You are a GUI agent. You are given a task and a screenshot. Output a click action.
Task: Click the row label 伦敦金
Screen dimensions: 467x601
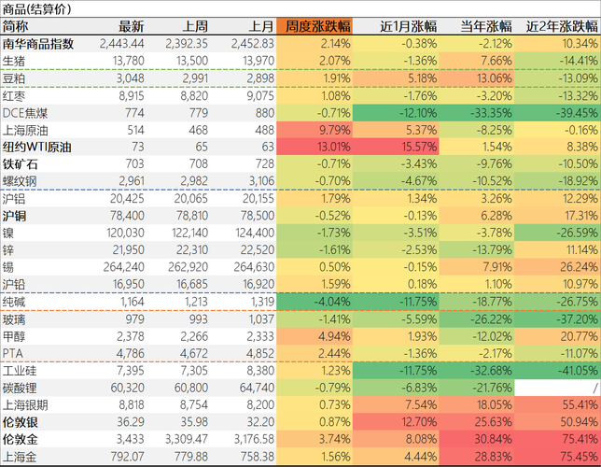click(20, 439)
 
